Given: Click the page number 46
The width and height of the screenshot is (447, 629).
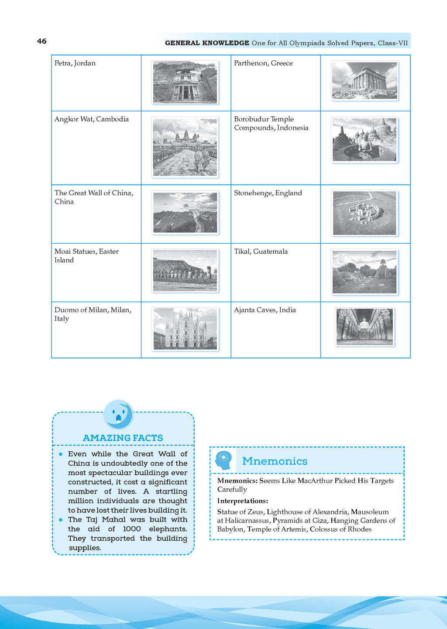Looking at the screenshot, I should click(x=42, y=41).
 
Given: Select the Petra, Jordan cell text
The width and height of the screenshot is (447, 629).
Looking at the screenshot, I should click(x=75, y=63).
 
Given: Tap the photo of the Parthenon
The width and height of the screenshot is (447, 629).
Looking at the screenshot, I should click(x=364, y=81).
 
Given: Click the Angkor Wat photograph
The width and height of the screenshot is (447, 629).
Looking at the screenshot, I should click(x=185, y=147).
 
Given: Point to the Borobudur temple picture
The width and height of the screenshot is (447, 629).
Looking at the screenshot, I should click(x=364, y=140).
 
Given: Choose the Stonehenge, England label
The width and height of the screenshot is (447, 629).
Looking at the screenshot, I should click(x=268, y=193).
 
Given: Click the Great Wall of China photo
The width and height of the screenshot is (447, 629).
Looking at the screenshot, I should click(x=185, y=213).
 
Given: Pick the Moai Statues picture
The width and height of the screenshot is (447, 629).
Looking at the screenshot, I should click(x=185, y=271).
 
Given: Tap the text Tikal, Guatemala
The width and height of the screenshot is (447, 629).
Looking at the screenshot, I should click(x=261, y=252).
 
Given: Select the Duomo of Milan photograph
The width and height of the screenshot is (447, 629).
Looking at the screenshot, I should click(x=185, y=329).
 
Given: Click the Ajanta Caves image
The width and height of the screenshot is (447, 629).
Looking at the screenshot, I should click(x=364, y=327).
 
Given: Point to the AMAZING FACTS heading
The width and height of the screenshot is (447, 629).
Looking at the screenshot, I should click(x=123, y=438).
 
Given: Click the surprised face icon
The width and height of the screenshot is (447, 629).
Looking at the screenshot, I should click(x=118, y=415).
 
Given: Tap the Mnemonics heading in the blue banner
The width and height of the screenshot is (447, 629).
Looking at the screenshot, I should click(x=275, y=461).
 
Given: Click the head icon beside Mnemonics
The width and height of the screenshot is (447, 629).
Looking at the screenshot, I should click(x=223, y=460).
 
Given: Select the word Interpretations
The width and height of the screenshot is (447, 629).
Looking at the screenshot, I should click(x=242, y=501).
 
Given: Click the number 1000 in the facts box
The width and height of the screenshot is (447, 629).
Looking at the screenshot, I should click(x=132, y=529).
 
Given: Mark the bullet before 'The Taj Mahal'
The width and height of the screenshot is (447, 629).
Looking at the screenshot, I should click(x=61, y=520).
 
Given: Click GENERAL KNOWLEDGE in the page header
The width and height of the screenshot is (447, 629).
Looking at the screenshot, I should click(x=207, y=43).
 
